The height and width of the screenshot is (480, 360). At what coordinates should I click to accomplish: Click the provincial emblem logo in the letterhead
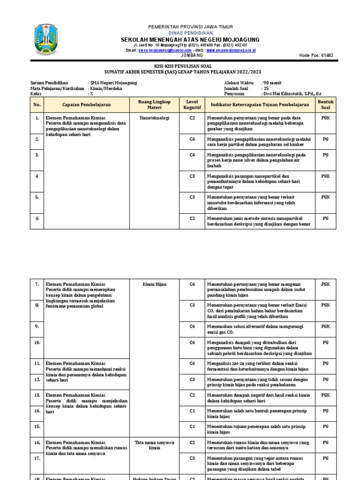(x=47, y=40)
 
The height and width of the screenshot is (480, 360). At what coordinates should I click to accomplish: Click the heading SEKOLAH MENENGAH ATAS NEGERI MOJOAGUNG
(x=190, y=40)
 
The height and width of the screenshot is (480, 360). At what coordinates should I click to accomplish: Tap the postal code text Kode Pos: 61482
(x=316, y=55)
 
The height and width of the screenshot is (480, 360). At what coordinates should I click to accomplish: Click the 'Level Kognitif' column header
(x=192, y=105)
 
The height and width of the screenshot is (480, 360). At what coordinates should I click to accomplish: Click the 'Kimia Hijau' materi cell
(x=154, y=284)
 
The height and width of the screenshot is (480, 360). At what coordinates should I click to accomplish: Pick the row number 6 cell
(x=37, y=218)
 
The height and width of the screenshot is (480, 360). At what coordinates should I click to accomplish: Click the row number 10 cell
(x=37, y=343)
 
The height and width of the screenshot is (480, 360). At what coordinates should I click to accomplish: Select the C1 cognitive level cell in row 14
(x=192, y=411)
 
